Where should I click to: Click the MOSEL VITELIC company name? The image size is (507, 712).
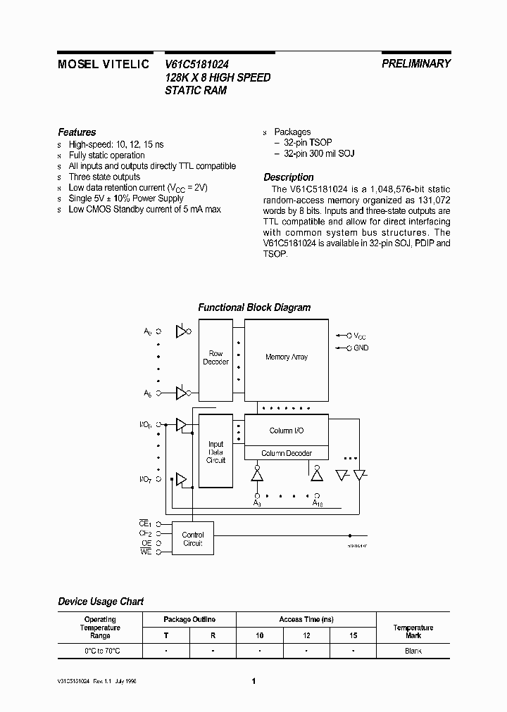coord(103,63)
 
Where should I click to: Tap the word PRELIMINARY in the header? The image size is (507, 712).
coord(416,63)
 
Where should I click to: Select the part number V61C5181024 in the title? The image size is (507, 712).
coord(197,64)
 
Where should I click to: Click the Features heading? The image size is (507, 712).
coord(77,132)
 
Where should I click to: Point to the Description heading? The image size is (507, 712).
coord(289,177)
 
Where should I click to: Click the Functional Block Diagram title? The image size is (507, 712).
coord(254,307)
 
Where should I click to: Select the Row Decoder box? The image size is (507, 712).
coord(215,357)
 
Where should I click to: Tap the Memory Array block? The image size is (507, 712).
coord(287,357)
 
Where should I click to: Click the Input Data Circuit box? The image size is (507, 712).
coord(215,452)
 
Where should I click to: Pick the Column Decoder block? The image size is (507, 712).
coord(287,453)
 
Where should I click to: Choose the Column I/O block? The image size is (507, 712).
coord(287,431)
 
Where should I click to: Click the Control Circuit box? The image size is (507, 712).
coord(192,539)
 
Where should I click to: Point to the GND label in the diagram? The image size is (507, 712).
coord(361,348)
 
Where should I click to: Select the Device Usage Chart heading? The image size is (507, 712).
coord(101,602)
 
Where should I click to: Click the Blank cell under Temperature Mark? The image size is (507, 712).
coord(413,651)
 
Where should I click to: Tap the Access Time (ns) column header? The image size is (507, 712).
coord(306,619)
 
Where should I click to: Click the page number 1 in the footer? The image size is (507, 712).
coord(254,681)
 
